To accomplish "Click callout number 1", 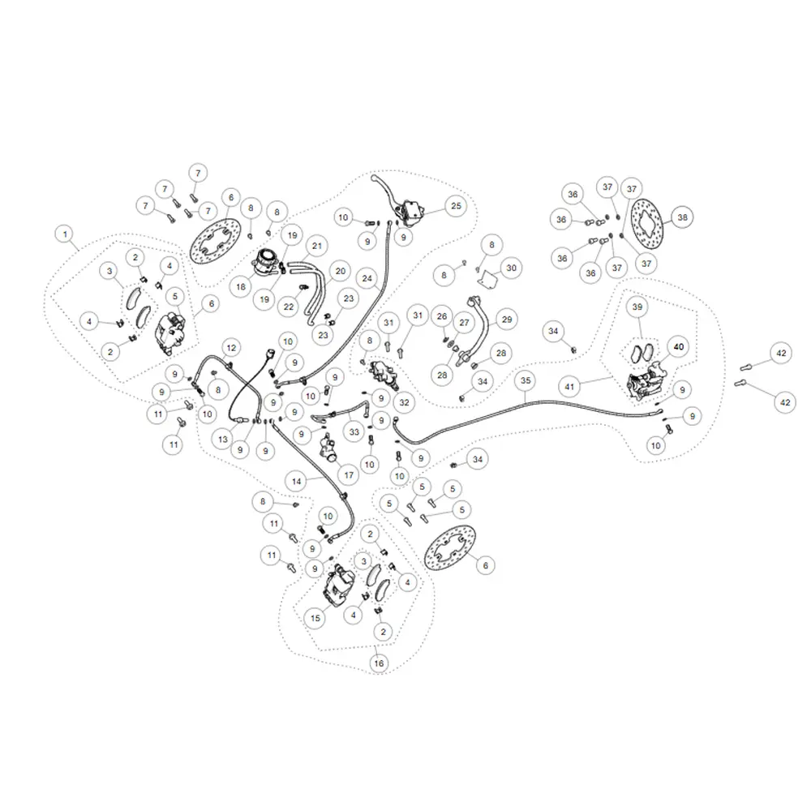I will click(64, 234).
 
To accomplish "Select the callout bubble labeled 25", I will click(456, 206).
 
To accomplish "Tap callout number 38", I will click(682, 217).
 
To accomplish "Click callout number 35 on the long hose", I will click(526, 380).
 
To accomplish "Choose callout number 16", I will click(378, 663).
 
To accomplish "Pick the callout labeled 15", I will click(315, 617).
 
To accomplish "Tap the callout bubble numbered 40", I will click(679, 346).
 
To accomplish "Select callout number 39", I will click(637, 307).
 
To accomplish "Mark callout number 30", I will click(510, 268).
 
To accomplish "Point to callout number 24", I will click(368, 278).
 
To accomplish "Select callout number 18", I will click(241, 286).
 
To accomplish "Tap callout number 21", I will click(316, 246).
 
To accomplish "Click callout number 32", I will click(403, 401).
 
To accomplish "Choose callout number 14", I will click(297, 481).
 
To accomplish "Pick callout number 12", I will click(231, 348).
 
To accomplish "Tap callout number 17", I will click(349, 474).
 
